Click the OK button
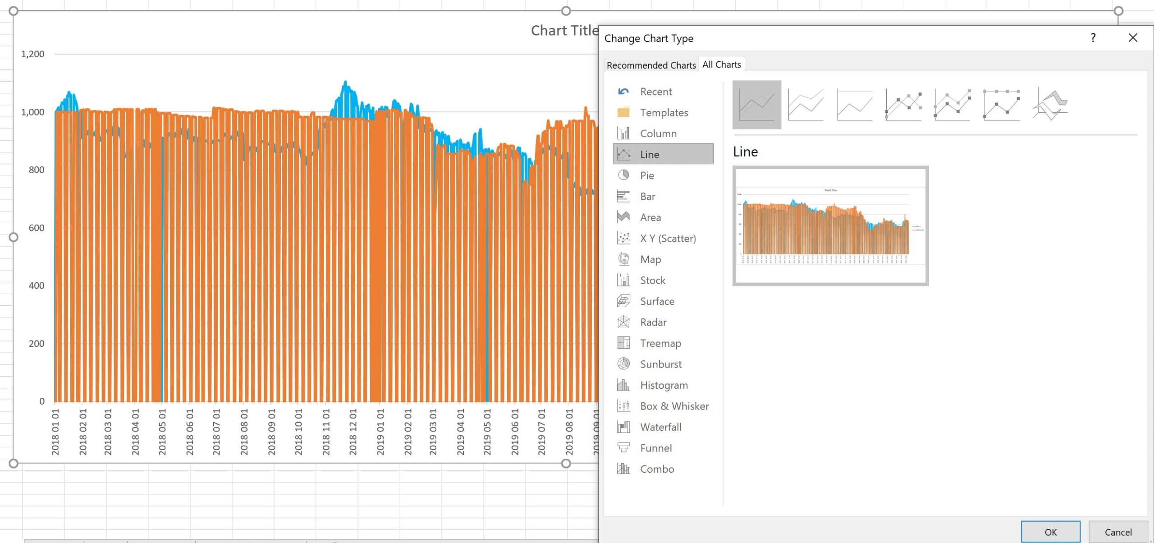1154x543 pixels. tap(1050, 532)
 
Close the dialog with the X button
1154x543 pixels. tap(1132, 38)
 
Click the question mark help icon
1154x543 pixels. tap(1093, 38)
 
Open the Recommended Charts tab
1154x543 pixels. tap(651, 65)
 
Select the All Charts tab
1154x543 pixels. tap(721, 64)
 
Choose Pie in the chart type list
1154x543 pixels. tap(647, 175)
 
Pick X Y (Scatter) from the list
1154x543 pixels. tap(668, 238)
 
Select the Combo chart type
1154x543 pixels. tap(657, 469)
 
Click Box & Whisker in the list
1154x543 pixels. tap(674, 406)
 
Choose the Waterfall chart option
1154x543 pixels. tap(660, 427)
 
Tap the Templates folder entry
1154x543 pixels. tap(664, 112)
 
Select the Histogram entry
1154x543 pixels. tap(664, 385)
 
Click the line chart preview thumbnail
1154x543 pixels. tap(830, 226)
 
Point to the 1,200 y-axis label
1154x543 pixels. tap(33, 54)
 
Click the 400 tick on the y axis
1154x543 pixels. tap(37, 285)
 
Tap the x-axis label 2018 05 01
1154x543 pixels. tap(162, 432)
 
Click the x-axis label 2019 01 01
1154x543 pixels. tap(380, 432)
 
